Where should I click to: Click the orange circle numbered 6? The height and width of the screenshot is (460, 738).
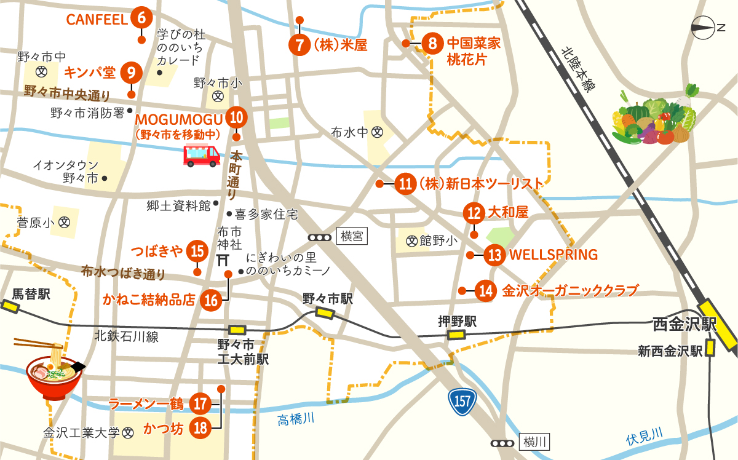point(141,18)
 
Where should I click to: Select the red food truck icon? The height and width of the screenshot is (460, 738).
point(202,155)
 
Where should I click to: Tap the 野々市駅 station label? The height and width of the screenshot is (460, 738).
point(328,298)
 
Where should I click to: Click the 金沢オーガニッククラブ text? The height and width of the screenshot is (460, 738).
point(570,290)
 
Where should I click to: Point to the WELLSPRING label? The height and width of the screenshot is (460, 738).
point(554,254)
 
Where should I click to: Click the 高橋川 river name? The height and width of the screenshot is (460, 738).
point(295,419)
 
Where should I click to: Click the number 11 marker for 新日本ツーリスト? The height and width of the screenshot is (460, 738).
point(405,184)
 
